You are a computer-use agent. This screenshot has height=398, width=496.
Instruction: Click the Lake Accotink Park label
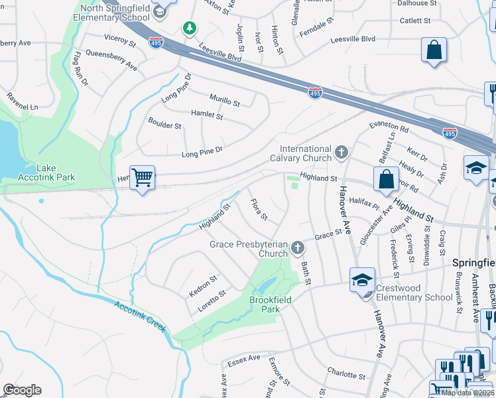(46, 172)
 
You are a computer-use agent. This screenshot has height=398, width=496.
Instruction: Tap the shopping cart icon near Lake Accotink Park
(142, 178)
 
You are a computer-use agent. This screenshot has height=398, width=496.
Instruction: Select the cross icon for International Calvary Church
(341, 153)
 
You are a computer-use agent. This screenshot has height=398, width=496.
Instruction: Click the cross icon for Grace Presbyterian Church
(298, 249)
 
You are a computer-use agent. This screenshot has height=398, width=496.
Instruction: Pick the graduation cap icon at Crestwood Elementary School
(363, 281)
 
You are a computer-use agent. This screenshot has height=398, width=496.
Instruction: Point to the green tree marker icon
(190, 27)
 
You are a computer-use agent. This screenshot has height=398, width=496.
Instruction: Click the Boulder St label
(164, 125)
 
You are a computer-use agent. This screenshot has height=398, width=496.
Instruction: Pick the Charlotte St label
(346, 373)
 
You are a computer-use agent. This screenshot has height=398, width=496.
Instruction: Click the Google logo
(22, 390)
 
